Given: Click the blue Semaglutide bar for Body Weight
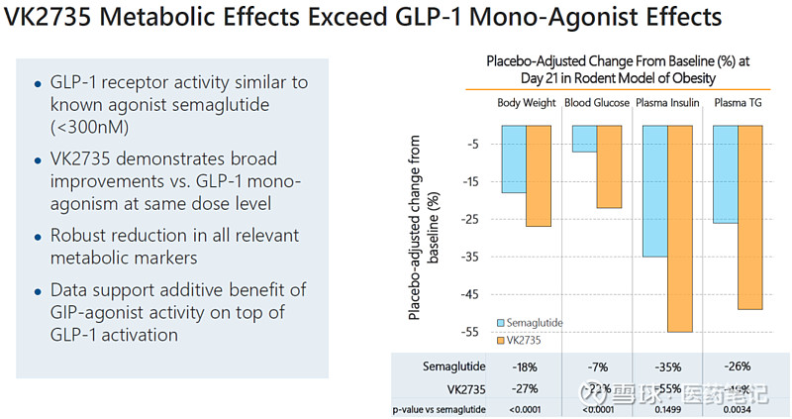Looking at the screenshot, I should [x=514, y=158].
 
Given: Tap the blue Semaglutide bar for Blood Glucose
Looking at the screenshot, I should [x=585, y=139].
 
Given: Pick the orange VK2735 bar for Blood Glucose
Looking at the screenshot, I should [x=610, y=166].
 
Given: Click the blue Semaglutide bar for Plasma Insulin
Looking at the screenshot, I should [x=655, y=191].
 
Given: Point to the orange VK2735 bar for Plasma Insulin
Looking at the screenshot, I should [x=680, y=229].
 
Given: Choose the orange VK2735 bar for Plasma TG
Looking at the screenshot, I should [x=750, y=218].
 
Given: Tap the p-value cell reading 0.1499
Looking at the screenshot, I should [x=667, y=409].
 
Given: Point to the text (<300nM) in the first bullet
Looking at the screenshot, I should [x=88, y=128].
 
